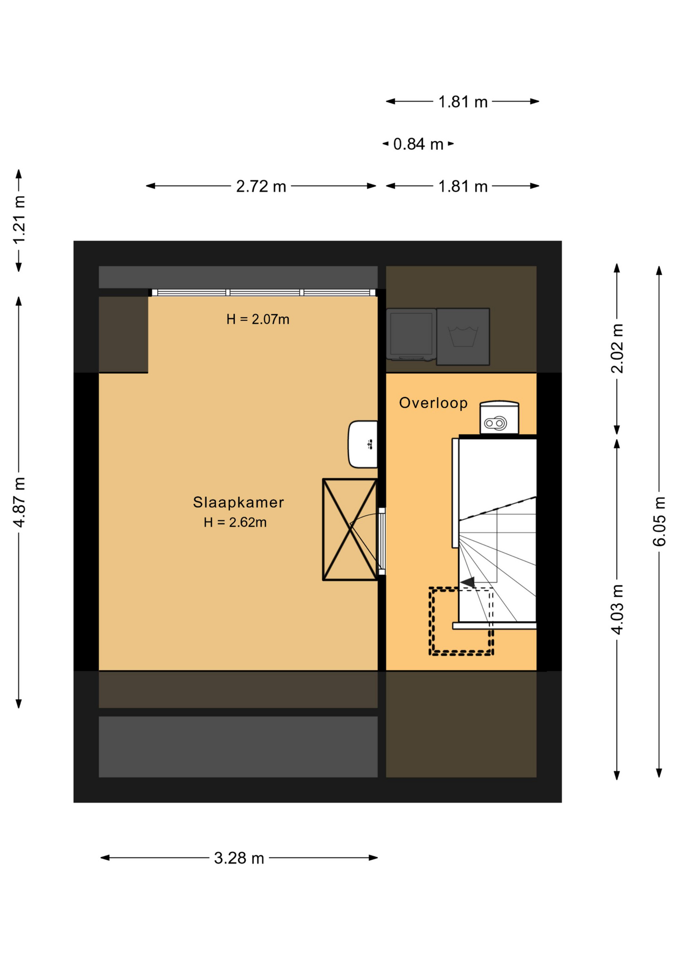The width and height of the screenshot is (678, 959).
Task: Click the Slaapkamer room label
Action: (x=238, y=502)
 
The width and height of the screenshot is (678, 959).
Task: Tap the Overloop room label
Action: (x=433, y=403)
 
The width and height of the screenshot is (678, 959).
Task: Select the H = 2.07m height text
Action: (x=258, y=319)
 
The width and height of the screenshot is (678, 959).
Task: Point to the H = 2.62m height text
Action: (x=235, y=522)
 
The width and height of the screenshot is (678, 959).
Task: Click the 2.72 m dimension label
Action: (x=261, y=186)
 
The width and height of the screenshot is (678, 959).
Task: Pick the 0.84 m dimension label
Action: (x=418, y=144)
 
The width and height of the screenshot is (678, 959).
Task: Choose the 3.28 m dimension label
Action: (x=239, y=858)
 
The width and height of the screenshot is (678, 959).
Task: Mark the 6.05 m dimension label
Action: (x=659, y=521)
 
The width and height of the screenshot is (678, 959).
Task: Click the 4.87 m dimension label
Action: (x=19, y=502)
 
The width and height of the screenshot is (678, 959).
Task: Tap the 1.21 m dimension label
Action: (x=19, y=220)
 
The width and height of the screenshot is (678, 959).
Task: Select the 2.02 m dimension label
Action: (x=617, y=349)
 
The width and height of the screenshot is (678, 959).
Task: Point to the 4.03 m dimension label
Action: (x=617, y=609)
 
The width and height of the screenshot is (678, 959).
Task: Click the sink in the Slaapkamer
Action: (x=363, y=445)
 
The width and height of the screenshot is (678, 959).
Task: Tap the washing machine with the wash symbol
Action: (x=463, y=337)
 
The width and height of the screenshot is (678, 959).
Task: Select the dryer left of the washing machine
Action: (x=411, y=334)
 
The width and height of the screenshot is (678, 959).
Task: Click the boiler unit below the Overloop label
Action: (x=499, y=418)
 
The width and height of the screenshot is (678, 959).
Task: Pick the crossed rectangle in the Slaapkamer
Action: (x=350, y=529)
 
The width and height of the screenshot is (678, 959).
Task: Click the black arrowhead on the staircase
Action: (x=468, y=582)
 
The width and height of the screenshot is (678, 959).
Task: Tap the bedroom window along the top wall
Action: (x=264, y=293)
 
